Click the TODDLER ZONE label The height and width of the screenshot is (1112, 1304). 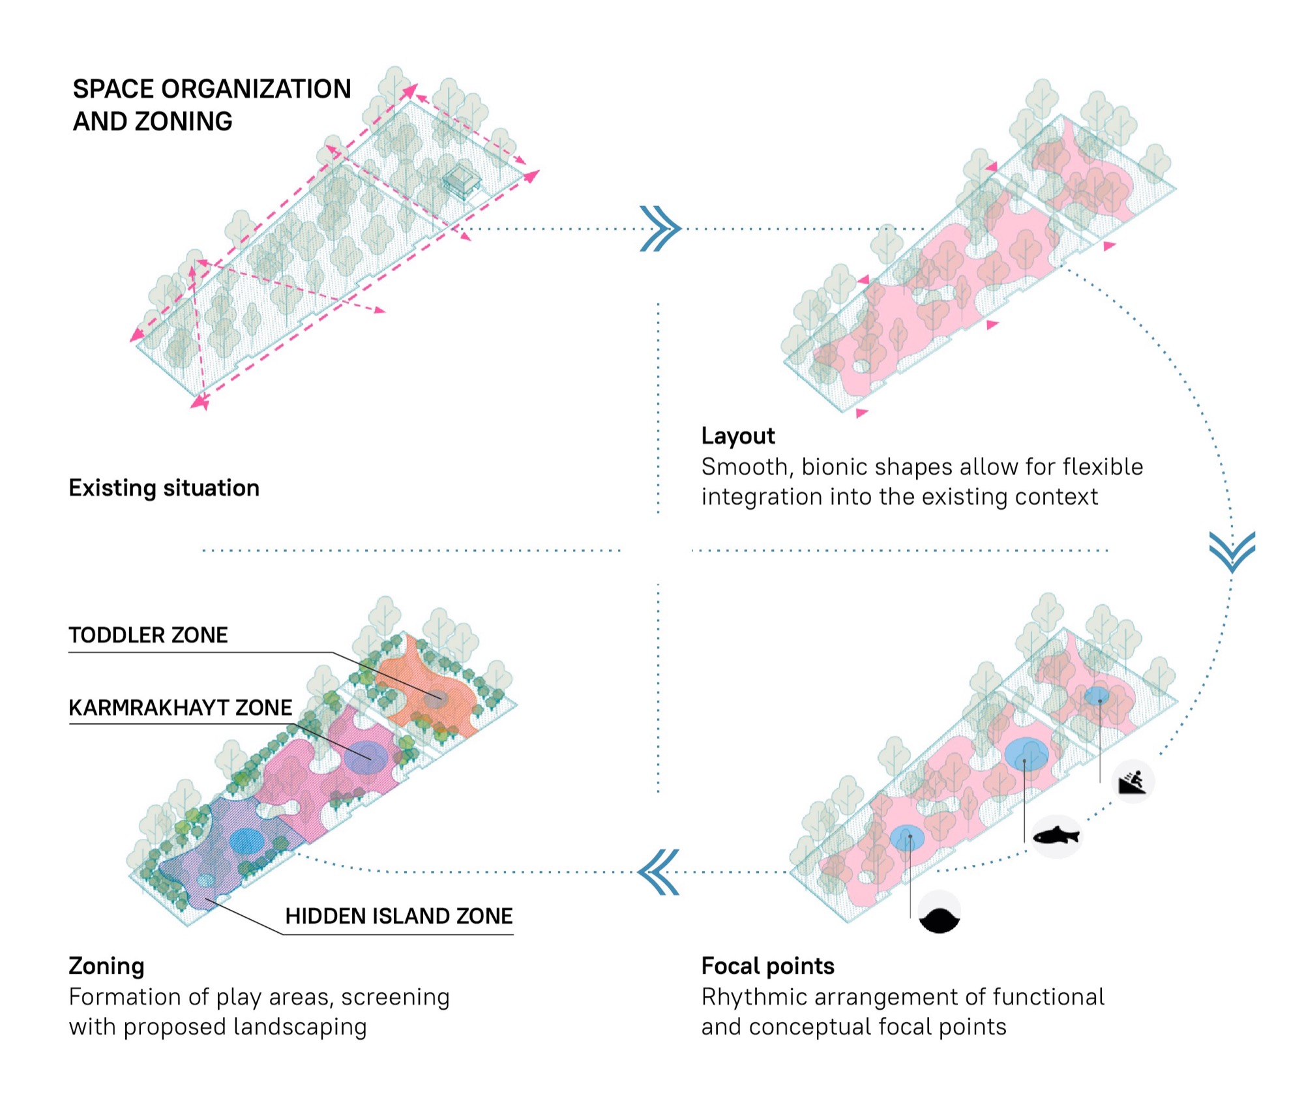[148, 635]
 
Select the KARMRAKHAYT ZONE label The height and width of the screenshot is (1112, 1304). [181, 707]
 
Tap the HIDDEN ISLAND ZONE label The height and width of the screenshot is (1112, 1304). [399, 916]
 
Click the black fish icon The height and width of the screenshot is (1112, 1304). [1057, 835]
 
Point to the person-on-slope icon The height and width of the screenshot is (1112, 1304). [1133, 781]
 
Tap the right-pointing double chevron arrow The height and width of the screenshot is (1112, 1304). [660, 229]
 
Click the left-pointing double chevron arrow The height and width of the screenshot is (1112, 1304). [659, 872]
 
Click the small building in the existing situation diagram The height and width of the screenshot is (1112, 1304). [461, 179]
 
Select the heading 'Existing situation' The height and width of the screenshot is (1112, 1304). [164, 488]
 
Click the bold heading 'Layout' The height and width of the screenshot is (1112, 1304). [738, 435]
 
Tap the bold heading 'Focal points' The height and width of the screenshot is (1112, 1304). [768, 965]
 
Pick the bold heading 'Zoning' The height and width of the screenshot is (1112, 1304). [106, 966]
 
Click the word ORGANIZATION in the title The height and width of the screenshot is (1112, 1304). [256, 89]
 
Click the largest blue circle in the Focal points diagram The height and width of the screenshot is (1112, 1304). [1026, 754]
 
